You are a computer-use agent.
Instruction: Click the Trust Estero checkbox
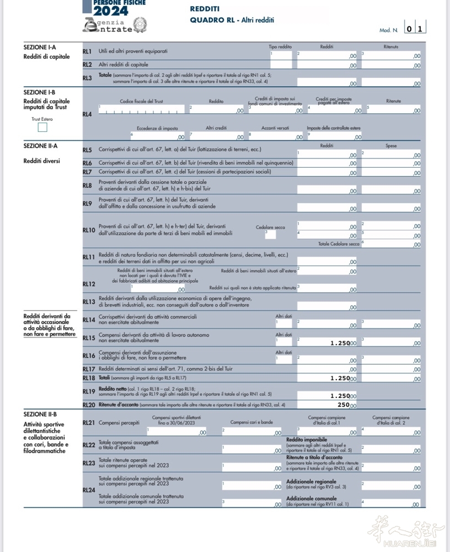pyautogui.click(x=42, y=128)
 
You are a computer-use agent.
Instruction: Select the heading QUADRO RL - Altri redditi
pyautogui.click(x=232, y=20)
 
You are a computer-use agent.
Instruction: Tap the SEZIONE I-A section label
pyautogui.click(x=40, y=47)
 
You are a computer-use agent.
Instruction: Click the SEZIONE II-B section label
pyautogui.click(x=40, y=414)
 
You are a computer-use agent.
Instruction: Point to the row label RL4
pyautogui.click(x=87, y=114)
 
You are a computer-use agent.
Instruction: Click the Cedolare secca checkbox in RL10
pyautogui.click(x=270, y=235)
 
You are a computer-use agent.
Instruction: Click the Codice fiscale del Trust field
pyautogui.click(x=141, y=110)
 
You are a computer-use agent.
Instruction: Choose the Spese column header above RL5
pyautogui.click(x=390, y=146)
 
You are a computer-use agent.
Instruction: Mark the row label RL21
pyautogui.click(x=88, y=423)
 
